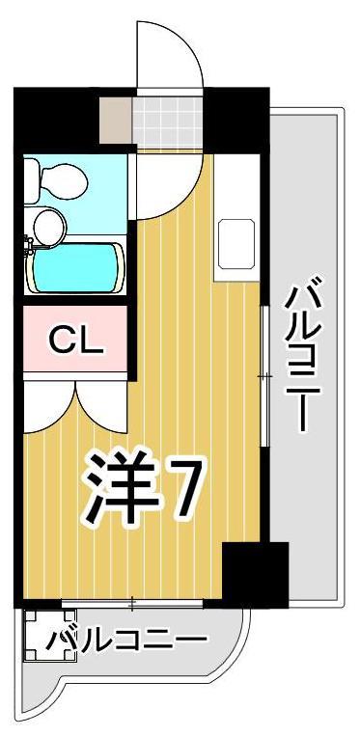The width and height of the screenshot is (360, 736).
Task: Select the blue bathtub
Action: [x=77, y=267]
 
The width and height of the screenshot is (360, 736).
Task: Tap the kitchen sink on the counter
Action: [x=235, y=244]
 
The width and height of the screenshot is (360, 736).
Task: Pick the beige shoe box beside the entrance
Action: [x=116, y=118]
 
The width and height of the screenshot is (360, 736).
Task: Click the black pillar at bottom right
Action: [x=255, y=573]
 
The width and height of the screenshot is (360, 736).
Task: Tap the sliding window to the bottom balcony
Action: [x=131, y=605]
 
